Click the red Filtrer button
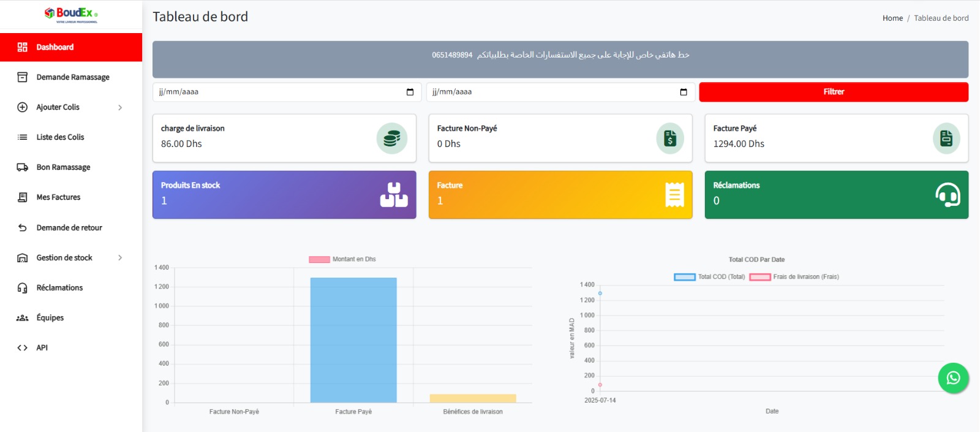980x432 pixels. (833, 92)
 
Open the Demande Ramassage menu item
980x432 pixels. (72, 77)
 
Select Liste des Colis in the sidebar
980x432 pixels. (60, 137)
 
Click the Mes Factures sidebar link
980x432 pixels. (58, 197)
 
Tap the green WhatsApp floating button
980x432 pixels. (953, 378)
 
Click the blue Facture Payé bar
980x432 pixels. (353, 340)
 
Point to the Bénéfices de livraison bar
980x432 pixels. (473, 398)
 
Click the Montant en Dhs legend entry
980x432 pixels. (342, 259)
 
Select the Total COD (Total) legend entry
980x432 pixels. (710, 277)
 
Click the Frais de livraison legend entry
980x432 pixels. (794, 277)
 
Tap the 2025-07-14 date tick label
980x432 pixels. (600, 400)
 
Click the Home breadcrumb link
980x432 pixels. (892, 18)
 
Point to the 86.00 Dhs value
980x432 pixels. (181, 144)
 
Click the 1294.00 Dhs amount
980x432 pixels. (739, 144)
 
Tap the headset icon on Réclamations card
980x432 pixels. (948, 195)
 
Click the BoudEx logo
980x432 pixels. (71, 15)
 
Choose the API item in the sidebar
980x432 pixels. (42, 348)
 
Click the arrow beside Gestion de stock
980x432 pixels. (120, 258)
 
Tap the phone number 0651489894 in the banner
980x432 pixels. (452, 55)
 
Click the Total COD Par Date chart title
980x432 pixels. (756, 260)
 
